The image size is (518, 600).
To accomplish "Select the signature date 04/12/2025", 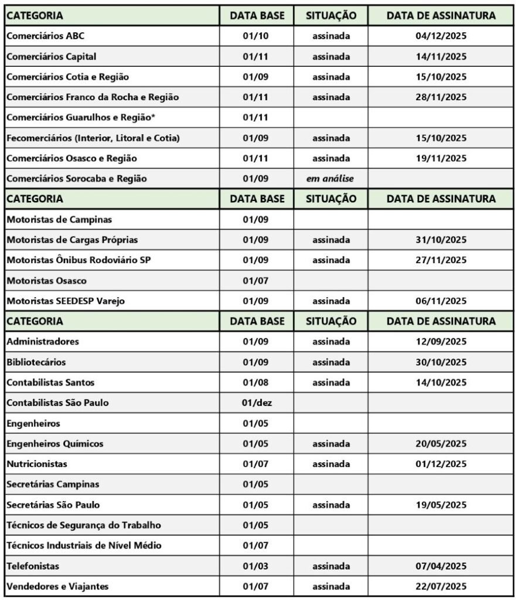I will click(x=441, y=36).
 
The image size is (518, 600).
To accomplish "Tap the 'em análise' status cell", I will click(x=330, y=179).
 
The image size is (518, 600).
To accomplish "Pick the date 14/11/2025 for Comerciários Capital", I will click(x=441, y=57).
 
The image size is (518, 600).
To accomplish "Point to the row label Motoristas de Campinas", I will click(x=59, y=220).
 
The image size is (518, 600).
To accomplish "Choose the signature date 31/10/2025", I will click(x=441, y=240).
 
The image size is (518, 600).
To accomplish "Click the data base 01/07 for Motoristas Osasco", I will click(x=255, y=281).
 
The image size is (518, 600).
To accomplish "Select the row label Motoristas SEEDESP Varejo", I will click(x=65, y=301).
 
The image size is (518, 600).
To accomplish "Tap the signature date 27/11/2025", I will click(x=441, y=260).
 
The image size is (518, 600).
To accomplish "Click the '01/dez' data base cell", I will click(x=255, y=403).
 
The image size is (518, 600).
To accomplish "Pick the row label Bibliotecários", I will click(x=36, y=362).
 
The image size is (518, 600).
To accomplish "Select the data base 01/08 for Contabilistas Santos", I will click(x=255, y=383).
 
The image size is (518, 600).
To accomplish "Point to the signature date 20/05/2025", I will click(x=441, y=444).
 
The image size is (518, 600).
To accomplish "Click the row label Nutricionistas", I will click(x=37, y=464).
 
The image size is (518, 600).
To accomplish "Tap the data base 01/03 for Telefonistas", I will click(x=255, y=566).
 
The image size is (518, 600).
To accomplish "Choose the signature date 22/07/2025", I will click(x=441, y=587).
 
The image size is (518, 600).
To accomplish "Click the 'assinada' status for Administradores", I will click(x=330, y=342).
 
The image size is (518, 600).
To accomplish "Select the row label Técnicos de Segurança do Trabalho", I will click(x=84, y=525).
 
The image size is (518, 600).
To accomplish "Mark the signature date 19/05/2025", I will click(x=441, y=504).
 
